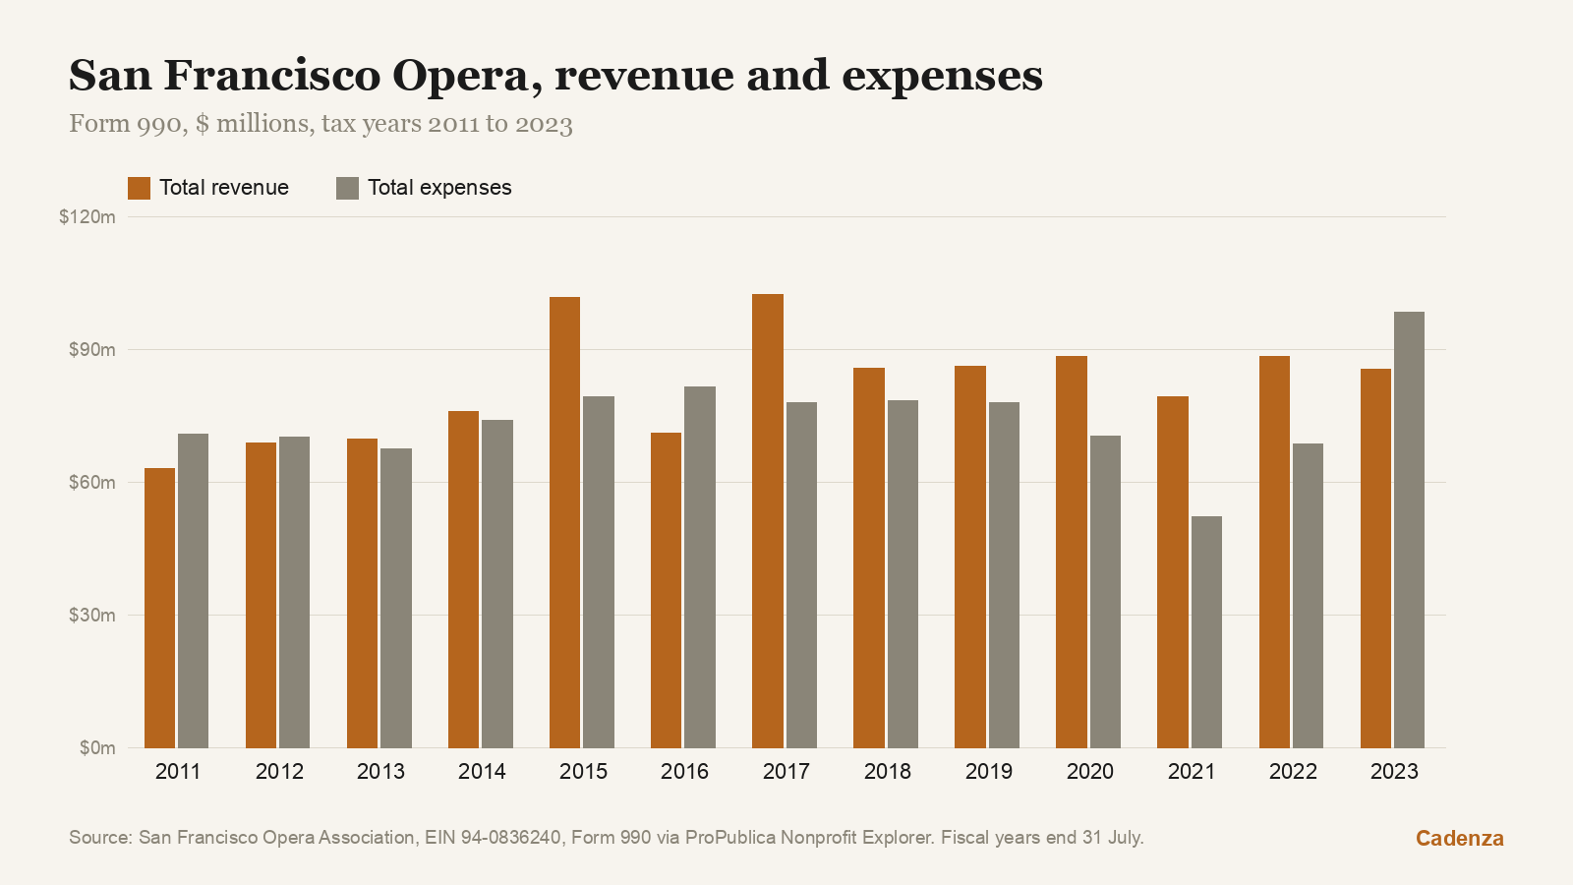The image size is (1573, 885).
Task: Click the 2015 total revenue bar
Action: coord(564,522)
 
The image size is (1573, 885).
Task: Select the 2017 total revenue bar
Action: coord(768,521)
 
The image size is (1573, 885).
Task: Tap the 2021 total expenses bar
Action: coord(1206,632)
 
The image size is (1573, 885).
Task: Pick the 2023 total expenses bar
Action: coord(1410,530)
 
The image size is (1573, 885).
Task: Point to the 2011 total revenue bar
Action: coord(159,609)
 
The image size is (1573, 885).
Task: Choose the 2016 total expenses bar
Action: coord(700,567)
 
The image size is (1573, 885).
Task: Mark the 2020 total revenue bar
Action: coord(1072,552)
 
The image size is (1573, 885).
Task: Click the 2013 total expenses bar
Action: coord(396,599)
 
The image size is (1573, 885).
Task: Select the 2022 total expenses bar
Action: coord(1308,596)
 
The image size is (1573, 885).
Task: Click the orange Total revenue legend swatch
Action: coord(139,188)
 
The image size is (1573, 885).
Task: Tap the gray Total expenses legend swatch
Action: coord(348,188)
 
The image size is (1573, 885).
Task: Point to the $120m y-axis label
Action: coord(87,217)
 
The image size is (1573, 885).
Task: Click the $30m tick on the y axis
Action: coord(92,616)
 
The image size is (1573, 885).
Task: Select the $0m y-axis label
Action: coord(97,748)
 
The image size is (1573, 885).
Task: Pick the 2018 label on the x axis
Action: coord(887,771)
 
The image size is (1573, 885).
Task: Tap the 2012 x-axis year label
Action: coord(279,771)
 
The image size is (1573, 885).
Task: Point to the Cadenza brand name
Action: coord(1459,838)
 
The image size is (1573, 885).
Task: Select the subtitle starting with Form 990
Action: coord(320,124)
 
